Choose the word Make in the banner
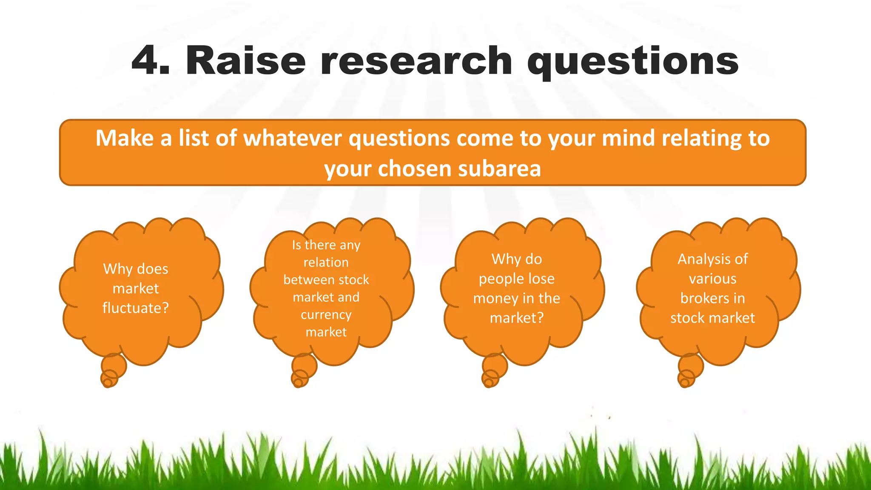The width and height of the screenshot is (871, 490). tap(124, 138)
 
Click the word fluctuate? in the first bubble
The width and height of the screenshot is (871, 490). tap(136, 308)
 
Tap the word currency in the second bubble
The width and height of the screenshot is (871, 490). tap(326, 315)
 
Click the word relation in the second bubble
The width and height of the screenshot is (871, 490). tap(326, 262)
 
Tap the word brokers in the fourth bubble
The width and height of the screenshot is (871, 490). tap(699, 298)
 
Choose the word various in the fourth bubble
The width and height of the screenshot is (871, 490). tap(713, 279)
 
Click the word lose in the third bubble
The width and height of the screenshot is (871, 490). tap(539, 279)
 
